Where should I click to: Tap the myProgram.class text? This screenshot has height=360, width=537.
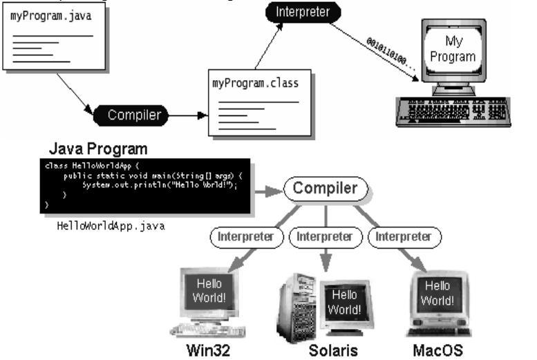tap(254, 84)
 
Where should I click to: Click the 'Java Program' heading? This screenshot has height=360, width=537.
tap(97, 149)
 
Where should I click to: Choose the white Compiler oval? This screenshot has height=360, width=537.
tap(324, 189)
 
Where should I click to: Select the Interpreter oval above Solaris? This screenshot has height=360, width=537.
tap(325, 237)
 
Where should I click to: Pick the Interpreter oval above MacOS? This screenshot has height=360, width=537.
tap(403, 237)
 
